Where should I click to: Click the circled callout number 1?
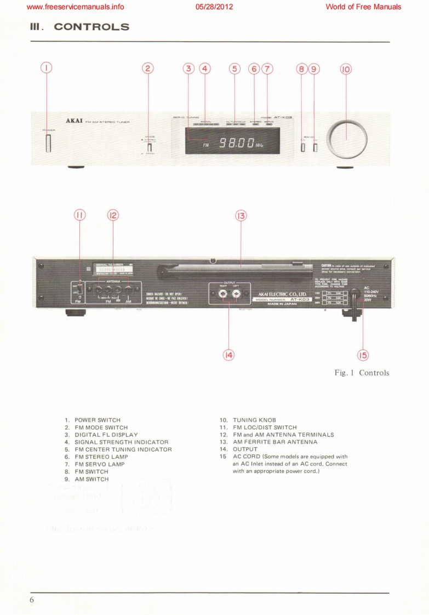(x=47, y=69)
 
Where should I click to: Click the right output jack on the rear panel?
(x=223, y=294)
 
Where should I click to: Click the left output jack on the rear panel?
(x=237, y=294)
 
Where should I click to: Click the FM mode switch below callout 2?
(x=149, y=147)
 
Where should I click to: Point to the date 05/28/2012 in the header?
(x=214, y=7)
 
